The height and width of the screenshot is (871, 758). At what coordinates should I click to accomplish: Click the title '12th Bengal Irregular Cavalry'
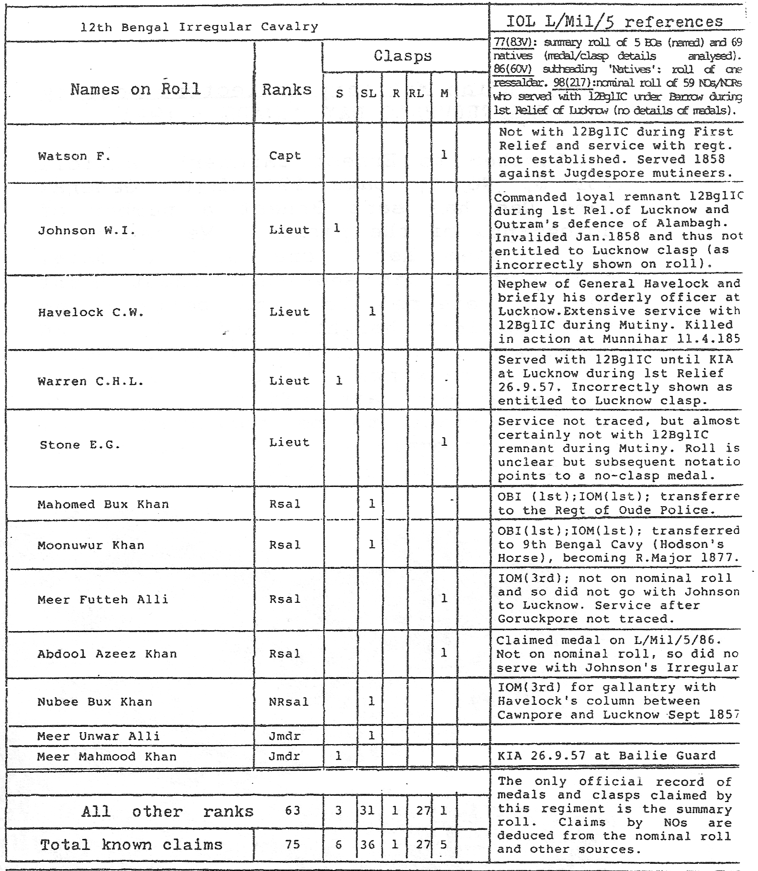coord(199,27)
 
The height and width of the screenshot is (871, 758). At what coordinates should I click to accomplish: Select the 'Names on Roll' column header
coord(135,89)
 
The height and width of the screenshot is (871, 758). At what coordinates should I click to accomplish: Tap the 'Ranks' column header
coord(287,90)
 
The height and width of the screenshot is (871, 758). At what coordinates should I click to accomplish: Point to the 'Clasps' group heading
coord(403,56)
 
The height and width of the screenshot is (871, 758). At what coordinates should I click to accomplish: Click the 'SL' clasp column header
coord(368,94)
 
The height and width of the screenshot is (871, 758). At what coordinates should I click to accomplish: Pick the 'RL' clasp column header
coord(416,94)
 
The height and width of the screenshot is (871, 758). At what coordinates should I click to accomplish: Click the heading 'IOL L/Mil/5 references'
coord(614,22)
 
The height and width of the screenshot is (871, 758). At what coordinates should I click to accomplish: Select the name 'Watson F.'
coord(74,156)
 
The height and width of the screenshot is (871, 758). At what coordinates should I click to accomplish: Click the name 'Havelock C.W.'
coord(91,312)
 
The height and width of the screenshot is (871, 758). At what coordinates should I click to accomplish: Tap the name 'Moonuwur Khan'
coord(91,545)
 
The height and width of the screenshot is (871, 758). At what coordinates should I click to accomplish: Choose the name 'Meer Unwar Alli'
coord(99,736)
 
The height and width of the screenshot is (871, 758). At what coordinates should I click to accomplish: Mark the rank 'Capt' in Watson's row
coord(285,156)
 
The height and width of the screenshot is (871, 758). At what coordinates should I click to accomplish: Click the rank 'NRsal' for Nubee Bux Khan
coord(289,702)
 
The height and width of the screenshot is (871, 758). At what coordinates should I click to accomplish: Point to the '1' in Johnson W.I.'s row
coord(337,228)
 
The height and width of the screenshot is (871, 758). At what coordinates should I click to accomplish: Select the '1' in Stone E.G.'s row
coord(444,442)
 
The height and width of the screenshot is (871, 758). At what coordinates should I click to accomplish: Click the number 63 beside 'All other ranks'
coord(292,811)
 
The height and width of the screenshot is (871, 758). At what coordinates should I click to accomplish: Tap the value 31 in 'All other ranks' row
coord(368,811)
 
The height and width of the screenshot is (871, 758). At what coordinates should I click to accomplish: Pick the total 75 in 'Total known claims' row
coord(292,844)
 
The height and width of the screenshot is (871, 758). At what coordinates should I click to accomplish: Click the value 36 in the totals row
coord(368,844)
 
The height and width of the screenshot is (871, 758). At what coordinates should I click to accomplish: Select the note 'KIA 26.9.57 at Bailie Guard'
coord(607,756)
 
